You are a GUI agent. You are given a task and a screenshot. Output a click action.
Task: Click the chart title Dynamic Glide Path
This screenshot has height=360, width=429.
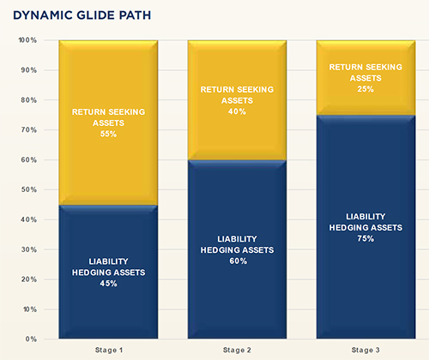82,15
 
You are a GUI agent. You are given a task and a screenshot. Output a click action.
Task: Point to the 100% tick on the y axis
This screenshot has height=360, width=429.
27,40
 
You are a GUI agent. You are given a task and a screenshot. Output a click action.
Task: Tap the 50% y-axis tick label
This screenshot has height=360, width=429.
29,189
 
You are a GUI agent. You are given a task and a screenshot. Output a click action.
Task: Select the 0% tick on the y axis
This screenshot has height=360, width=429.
31,339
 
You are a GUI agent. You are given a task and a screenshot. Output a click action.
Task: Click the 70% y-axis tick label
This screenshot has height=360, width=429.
29,130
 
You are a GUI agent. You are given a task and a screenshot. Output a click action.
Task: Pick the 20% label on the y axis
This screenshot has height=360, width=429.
29,279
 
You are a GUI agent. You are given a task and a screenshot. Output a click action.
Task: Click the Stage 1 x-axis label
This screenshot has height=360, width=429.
109,350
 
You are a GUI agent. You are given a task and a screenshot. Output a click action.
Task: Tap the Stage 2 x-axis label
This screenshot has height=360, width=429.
237,350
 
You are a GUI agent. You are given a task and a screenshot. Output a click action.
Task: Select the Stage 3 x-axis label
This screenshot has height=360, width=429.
366,350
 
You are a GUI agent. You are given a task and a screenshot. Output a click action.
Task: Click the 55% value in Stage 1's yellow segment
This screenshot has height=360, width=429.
108,134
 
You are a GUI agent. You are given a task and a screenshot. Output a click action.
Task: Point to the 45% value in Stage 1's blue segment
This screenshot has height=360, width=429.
108,284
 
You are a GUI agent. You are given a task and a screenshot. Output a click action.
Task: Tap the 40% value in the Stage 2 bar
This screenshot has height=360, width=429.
237,111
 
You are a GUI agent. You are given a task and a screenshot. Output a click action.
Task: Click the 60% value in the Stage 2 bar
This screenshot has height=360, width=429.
238,261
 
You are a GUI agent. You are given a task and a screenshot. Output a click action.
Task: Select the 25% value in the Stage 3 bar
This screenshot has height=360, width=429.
366,89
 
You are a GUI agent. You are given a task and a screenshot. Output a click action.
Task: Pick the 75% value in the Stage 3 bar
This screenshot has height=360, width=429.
366,238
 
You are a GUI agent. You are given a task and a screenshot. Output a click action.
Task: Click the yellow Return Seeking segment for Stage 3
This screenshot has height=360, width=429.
366,77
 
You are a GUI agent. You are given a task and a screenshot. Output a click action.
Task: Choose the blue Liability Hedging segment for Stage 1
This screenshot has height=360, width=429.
108,272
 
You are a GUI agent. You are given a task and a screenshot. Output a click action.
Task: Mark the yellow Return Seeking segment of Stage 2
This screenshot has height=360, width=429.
237,100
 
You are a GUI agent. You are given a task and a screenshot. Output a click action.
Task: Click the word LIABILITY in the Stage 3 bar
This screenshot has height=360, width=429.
366,217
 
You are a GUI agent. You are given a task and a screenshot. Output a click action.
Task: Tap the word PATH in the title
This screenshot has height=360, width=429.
135,15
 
